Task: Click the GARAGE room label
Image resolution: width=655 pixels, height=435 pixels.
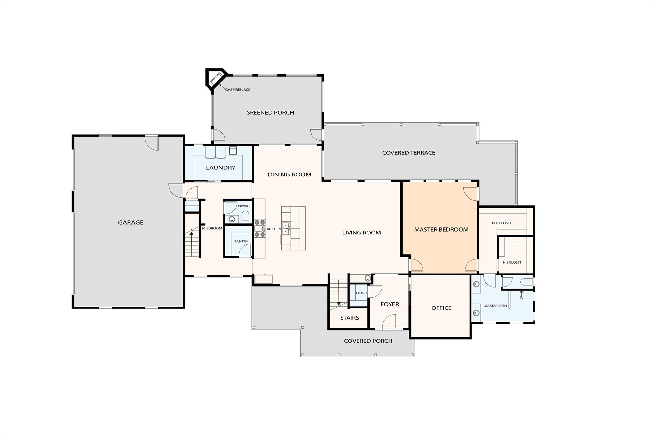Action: pyautogui.click(x=130, y=222)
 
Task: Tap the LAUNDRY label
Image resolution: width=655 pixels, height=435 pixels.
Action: pyautogui.click(x=220, y=168)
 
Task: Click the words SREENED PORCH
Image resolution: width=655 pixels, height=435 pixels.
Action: pyautogui.click(x=270, y=112)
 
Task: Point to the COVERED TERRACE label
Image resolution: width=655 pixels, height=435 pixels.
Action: pyautogui.click(x=408, y=153)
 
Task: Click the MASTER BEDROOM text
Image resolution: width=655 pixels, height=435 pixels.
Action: pyautogui.click(x=441, y=229)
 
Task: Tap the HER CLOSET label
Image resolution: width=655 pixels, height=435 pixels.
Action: pyautogui.click(x=501, y=223)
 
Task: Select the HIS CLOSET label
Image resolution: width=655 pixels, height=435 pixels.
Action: pyautogui.click(x=512, y=262)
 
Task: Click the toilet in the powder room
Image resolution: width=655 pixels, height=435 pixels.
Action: pyautogui.click(x=245, y=218)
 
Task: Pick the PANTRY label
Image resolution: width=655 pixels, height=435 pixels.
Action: pyautogui.click(x=241, y=242)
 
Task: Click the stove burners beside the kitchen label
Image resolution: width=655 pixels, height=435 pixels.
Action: pyautogui.click(x=260, y=228)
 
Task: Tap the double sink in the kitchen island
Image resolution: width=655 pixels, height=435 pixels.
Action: pyautogui.click(x=286, y=228)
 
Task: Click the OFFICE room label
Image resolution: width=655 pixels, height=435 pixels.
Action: pyautogui.click(x=441, y=308)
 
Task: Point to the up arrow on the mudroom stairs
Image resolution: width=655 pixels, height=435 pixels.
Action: pyautogui.click(x=192, y=233)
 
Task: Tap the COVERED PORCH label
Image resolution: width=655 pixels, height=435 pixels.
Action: pyautogui.click(x=368, y=341)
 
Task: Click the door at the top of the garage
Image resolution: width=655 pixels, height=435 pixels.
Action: pyautogui.click(x=151, y=143)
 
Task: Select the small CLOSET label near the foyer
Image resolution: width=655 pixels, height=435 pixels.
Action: pyautogui.click(x=361, y=293)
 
